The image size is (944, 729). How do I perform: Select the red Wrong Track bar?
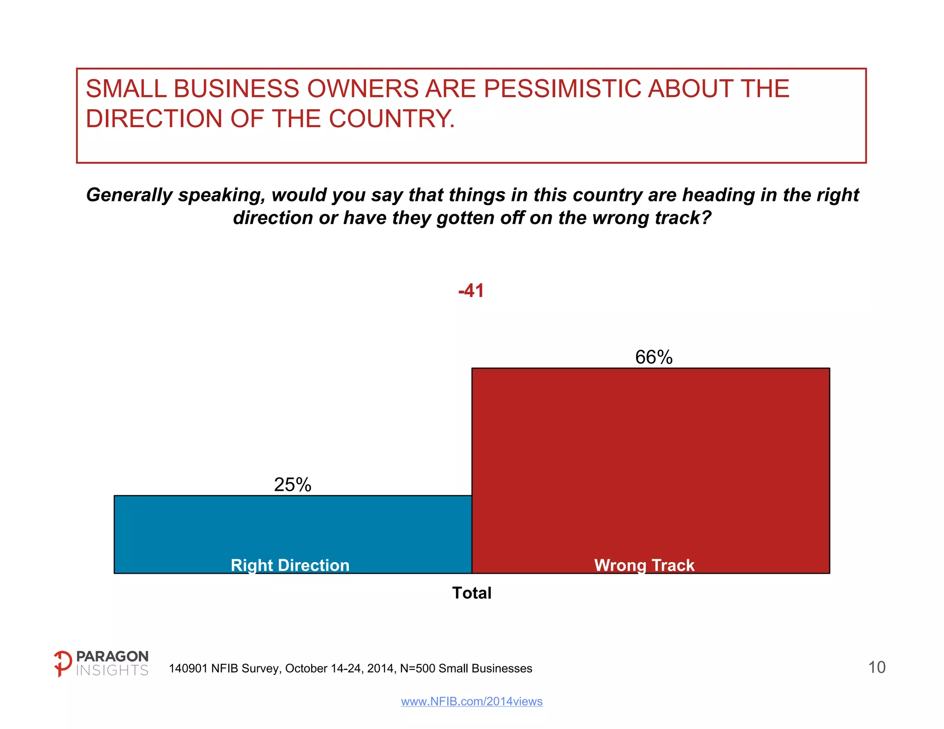pos(650,461)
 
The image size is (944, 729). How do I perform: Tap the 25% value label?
pos(293,485)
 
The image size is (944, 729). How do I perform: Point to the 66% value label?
pos(654,357)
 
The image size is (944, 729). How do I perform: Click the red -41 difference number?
pos(471,291)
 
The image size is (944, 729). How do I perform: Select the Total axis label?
pos(472,593)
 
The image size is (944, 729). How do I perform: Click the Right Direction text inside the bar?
pos(290,565)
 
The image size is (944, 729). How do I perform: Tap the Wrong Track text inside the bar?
pos(644,565)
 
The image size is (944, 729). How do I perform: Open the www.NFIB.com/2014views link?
pos(472,701)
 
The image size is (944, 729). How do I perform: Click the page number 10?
pos(877,667)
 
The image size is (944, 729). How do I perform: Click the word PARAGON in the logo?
pos(112,656)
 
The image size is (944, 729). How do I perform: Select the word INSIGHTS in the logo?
pos(112,670)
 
